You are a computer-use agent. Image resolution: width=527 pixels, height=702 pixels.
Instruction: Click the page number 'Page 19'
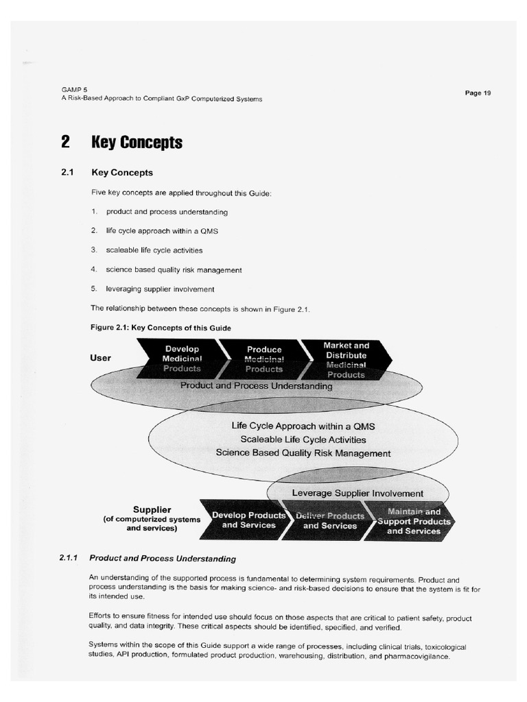click(478, 93)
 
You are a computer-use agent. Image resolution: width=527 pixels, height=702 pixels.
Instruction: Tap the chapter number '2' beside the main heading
click(65, 142)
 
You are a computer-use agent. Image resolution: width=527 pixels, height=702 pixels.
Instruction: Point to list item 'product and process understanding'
click(167, 213)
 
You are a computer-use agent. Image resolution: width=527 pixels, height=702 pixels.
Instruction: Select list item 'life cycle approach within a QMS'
click(161, 232)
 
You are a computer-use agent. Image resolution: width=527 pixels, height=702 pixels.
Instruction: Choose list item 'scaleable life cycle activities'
click(154, 250)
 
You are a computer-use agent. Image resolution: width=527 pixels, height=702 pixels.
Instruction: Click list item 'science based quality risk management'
click(174, 270)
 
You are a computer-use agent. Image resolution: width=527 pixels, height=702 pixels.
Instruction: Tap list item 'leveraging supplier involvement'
click(160, 289)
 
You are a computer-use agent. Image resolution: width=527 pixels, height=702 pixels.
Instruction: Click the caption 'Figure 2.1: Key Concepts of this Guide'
click(161, 328)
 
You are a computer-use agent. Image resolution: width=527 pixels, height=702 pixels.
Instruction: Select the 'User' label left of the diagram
click(100, 358)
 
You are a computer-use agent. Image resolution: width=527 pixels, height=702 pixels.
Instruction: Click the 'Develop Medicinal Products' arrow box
click(182, 359)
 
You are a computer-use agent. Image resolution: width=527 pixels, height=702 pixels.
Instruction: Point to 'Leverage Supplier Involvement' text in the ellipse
click(358, 493)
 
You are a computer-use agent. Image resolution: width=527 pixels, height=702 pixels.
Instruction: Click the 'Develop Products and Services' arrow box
click(248, 520)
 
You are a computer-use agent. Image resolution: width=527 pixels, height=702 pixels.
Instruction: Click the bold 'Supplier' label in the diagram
click(152, 510)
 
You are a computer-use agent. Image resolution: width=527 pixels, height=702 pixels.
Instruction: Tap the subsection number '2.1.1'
click(71, 559)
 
